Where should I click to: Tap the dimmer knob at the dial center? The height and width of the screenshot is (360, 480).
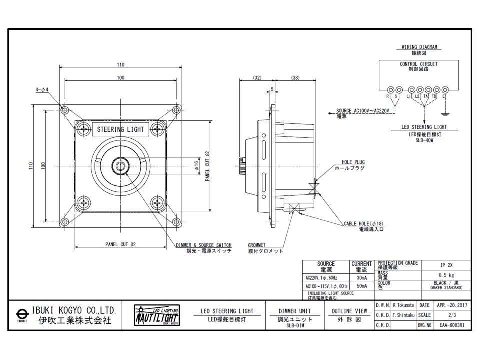[120, 165]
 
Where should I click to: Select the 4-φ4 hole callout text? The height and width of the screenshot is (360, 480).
[42, 91]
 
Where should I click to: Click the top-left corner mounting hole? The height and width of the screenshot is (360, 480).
[65, 110]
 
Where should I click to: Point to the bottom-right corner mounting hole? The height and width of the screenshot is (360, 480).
[176, 221]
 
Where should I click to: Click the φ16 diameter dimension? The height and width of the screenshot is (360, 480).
[197, 165]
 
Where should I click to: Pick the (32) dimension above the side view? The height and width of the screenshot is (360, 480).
[257, 78]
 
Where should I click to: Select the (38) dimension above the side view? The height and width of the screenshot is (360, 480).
[295, 78]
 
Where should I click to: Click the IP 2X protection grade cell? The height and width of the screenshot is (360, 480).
[445, 265]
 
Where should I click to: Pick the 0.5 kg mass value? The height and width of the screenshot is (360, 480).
[445, 275]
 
